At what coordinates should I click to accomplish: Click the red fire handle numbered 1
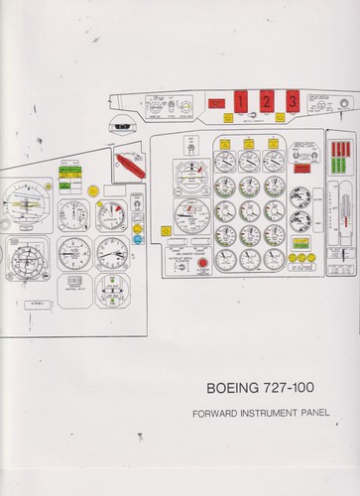pyautogui.click(x=240, y=99)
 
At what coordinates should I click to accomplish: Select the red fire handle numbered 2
pyautogui.click(x=266, y=99)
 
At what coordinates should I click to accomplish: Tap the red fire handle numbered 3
pyautogui.click(x=292, y=99)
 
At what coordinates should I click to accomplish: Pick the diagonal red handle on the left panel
pyautogui.click(x=130, y=164)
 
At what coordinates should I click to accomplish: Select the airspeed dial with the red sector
pyautogui.click(x=112, y=213)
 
